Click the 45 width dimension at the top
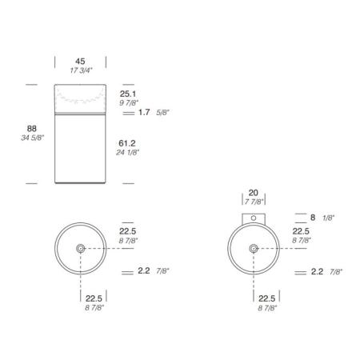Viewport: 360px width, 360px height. pos(80,62)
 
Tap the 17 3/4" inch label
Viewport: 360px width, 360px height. pos(81,70)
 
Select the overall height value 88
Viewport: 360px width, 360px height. pos(32,129)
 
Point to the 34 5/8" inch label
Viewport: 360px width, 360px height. pos(33,138)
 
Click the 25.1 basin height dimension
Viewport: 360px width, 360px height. pos(128,94)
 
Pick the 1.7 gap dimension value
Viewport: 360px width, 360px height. pos(144,112)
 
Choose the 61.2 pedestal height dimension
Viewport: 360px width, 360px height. pos(127,143)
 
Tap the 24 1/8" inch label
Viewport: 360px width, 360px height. pos(128,153)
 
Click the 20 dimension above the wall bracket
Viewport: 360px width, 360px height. pos(254,193)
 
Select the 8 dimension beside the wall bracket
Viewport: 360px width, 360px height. pos(313,218)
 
